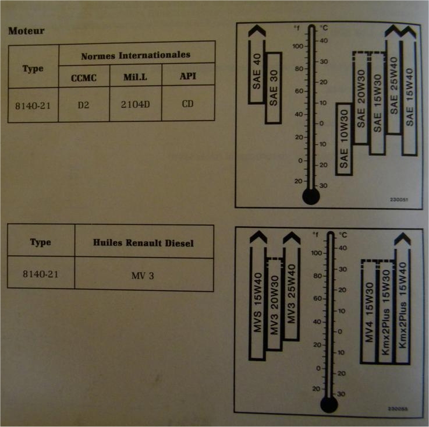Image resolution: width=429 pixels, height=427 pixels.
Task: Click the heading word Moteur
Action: [x=26, y=31]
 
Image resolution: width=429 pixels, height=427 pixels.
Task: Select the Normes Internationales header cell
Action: [x=137, y=55]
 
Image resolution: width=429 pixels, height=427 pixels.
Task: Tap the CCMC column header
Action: [x=84, y=77]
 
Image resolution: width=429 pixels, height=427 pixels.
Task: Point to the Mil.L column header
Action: [x=135, y=77]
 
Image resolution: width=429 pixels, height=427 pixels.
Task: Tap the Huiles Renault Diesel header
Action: [x=144, y=242]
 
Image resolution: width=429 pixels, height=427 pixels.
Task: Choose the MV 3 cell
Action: [x=143, y=274]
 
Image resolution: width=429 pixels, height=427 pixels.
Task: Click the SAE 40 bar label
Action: [x=257, y=73]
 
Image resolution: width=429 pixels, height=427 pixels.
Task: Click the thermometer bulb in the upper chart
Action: [x=311, y=197]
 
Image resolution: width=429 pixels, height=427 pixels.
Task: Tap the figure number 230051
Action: [x=400, y=199]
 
